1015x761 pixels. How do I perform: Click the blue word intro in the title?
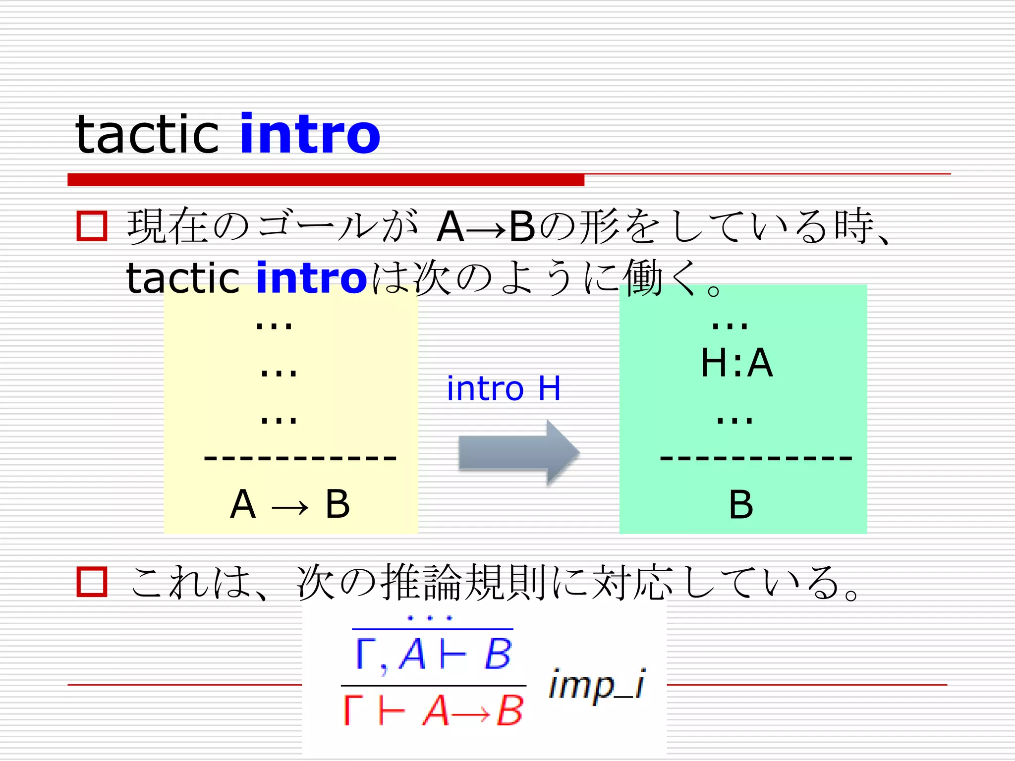310,134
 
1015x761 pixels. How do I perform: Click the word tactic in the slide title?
147,134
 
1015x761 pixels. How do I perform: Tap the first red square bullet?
92,226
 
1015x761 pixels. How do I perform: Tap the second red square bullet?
92,581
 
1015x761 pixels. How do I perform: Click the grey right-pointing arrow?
518,452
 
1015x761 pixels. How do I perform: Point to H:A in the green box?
736,363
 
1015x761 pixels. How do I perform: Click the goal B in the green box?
741,505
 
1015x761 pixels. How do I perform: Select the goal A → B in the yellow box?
290,504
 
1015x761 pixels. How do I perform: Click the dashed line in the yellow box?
300,458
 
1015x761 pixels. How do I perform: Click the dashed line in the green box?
756,458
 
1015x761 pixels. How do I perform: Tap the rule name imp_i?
597,685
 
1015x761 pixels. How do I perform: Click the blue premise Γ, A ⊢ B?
433,654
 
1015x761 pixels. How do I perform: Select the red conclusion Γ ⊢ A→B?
433,710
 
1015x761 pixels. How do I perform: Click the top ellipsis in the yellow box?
274,326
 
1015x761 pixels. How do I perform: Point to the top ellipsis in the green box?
730,326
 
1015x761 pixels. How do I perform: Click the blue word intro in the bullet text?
311,278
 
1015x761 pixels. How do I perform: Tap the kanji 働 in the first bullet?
642,278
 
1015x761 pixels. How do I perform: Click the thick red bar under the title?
326,179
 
